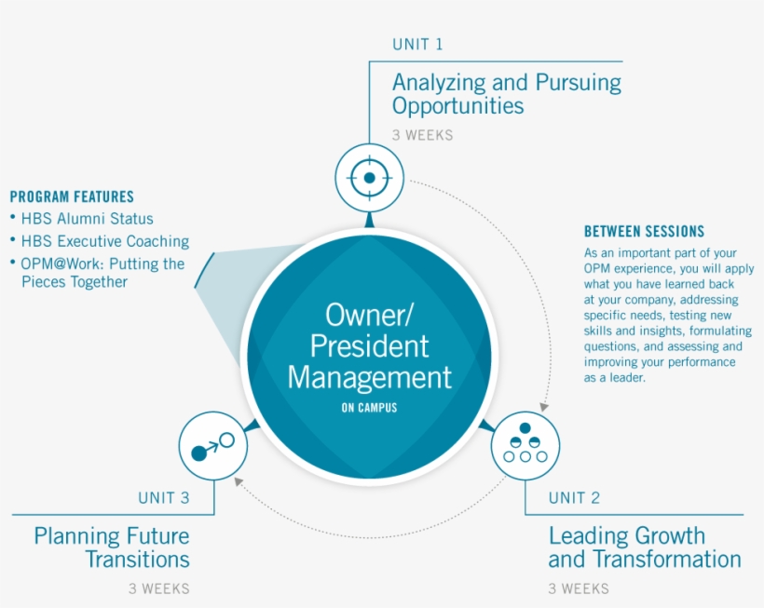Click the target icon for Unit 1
point(369,176)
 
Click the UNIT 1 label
point(417,44)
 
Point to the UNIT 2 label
point(574,497)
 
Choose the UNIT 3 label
point(163,497)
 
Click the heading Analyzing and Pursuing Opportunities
point(506,93)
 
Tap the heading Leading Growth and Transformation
point(644,547)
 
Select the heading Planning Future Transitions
point(112,547)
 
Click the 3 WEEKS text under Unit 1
point(422,135)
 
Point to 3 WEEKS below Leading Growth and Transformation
point(579,588)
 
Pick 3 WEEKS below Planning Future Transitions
point(158,588)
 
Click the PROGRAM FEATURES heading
point(72,196)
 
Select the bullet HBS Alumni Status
point(87,219)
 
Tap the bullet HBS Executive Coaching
point(104,241)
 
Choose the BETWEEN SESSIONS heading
point(644,232)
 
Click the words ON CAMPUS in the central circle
point(369,408)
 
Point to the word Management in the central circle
point(369,377)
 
